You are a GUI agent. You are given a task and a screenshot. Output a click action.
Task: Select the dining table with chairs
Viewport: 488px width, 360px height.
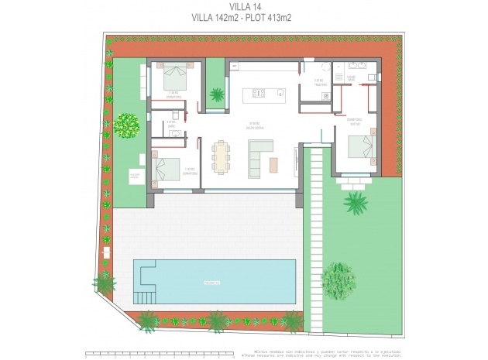pyautogui.click(x=222, y=157)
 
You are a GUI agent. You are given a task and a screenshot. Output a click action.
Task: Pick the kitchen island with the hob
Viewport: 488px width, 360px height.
pyautogui.click(x=263, y=95)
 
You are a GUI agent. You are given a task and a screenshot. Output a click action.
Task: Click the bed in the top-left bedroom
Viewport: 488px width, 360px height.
pyautogui.click(x=176, y=77)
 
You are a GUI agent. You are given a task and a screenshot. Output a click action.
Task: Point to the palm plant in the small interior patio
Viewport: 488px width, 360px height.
pyautogui.click(x=218, y=95)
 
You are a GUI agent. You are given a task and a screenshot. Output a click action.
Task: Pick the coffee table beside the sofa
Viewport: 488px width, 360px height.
pyautogui.click(x=273, y=164)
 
